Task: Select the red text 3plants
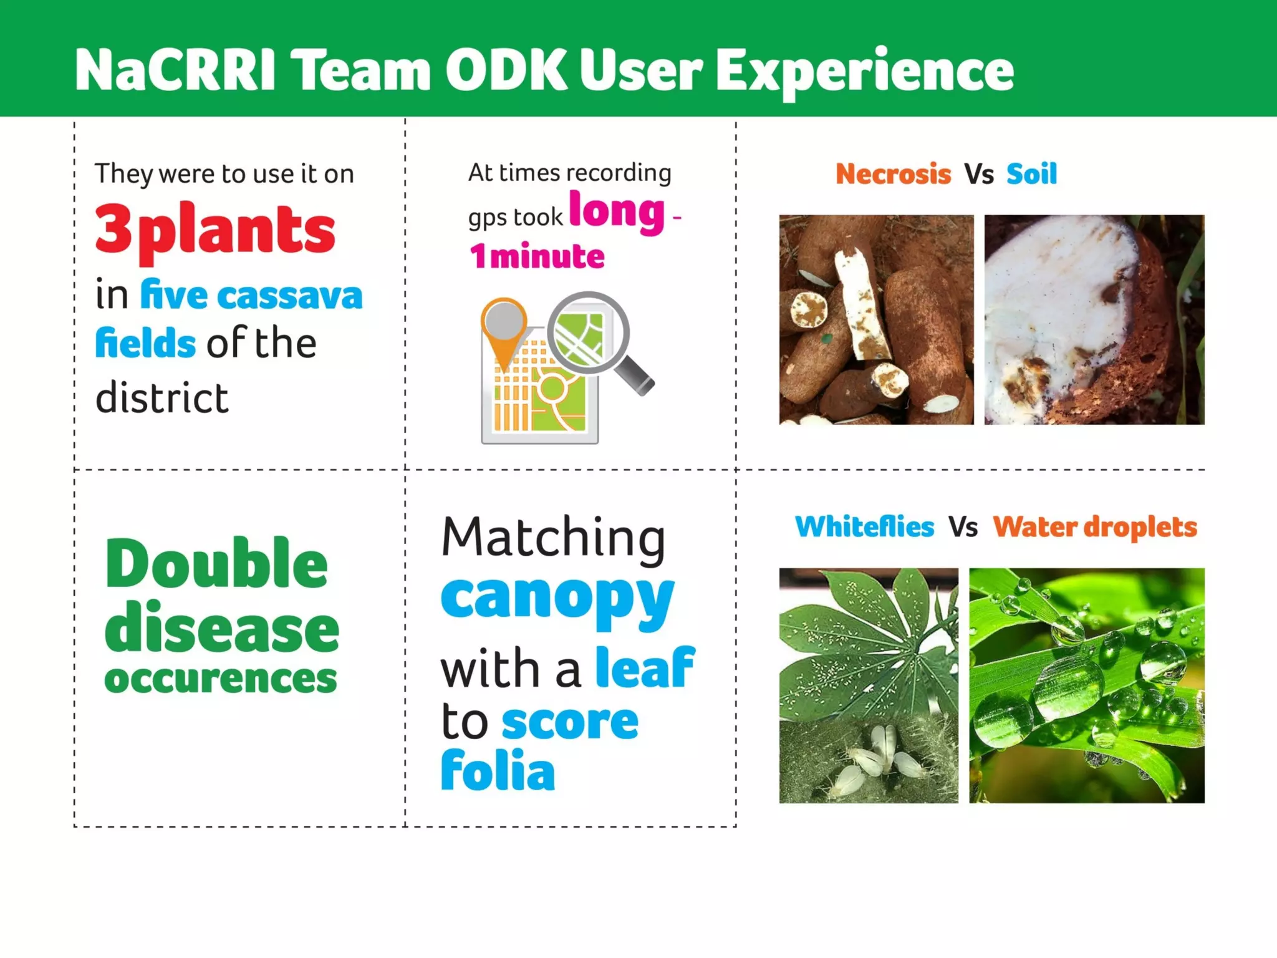pos(215,230)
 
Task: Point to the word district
pos(162,398)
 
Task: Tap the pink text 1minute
pos(537,256)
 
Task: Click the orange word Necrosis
pos(893,174)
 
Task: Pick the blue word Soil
pos(1031,174)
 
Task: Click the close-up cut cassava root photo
pos(1094,319)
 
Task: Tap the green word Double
pos(216,564)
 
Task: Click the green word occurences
pos(221,678)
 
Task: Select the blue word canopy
pos(557,597)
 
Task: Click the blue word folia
pos(498,771)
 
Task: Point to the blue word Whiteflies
pos(864,527)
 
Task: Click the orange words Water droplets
pos(1094,527)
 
